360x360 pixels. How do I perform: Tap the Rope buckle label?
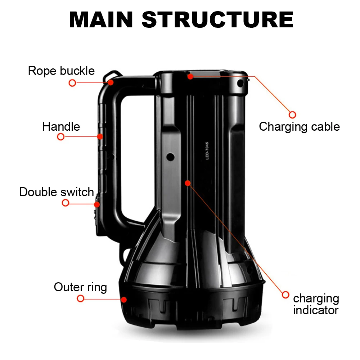(61, 71)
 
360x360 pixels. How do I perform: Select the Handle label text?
(61, 126)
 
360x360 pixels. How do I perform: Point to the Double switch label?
(57, 192)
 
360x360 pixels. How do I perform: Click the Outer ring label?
(80, 287)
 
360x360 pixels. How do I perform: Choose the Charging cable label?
(299, 126)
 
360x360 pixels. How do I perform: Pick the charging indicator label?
(316, 304)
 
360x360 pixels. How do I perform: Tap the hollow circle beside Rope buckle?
(72, 83)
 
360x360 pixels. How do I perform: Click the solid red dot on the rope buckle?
(111, 82)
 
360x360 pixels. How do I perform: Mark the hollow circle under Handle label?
(61, 137)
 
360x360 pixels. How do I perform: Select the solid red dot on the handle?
(100, 136)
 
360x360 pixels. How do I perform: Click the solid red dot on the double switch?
(97, 204)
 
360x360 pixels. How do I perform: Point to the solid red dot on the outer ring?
(124, 299)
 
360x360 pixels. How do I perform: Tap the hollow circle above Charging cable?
(292, 114)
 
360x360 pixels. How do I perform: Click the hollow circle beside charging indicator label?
(285, 295)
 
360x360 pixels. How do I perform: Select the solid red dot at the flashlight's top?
(190, 76)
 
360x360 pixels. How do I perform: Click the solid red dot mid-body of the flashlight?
(188, 183)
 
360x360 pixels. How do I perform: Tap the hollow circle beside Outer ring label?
(81, 298)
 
